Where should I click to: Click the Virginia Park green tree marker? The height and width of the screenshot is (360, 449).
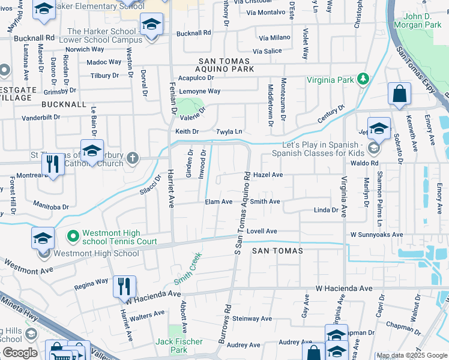click(x=363, y=79)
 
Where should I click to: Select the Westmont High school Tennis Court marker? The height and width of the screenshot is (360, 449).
click(x=73, y=237)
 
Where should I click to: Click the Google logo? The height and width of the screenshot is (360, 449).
click(x=20, y=353)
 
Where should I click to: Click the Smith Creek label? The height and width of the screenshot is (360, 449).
click(x=187, y=269)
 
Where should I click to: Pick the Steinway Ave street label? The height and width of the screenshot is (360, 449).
click(x=253, y=319)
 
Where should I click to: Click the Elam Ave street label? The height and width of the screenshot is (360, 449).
click(x=218, y=202)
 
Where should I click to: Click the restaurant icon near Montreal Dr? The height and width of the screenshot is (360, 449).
click(x=53, y=164)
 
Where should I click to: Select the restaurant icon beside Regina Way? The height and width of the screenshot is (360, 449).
click(x=124, y=286)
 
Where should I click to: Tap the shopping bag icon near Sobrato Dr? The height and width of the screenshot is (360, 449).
click(x=399, y=94)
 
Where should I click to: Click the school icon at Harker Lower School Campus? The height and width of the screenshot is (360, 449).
click(x=151, y=26)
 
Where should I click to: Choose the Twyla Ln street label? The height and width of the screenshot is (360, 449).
click(x=229, y=131)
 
